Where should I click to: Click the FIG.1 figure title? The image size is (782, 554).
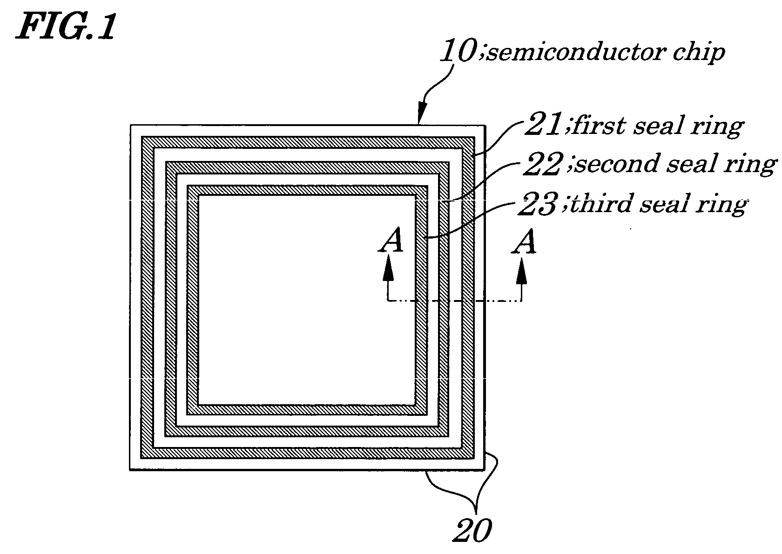pyautogui.click(x=66, y=27)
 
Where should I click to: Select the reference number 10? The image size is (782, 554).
pyautogui.click(x=458, y=51)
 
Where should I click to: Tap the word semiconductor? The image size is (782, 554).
pyautogui.click(x=576, y=53)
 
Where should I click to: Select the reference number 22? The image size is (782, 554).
pyautogui.click(x=543, y=163)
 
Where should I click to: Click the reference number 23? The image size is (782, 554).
pyautogui.click(x=538, y=204)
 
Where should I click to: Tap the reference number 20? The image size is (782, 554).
pyautogui.click(x=472, y=530)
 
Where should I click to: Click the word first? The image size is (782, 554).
pyautogui.click(x=599, y=125)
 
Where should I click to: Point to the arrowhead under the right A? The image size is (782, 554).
pyautogui.click(x=521, y=270)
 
